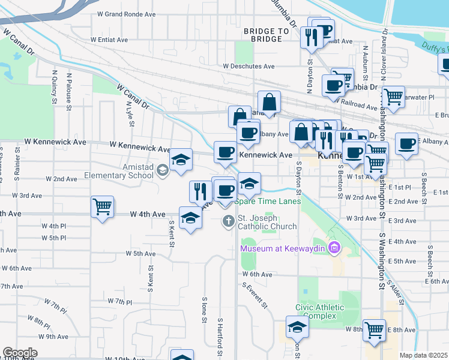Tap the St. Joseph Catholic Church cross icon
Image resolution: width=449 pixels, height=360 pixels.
(x=228, y=221)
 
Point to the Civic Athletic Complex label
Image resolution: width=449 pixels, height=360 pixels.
(x=319, y=312)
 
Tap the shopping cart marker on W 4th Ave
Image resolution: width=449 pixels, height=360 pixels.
(x=103, y=208)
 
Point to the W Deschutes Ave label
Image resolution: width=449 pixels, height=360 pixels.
(x=248, y=67)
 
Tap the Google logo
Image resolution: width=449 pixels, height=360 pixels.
(x=20, y=353)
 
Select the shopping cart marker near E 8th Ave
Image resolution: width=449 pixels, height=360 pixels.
(x=375, y=329)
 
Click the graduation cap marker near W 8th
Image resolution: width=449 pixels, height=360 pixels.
(x=297, y=328)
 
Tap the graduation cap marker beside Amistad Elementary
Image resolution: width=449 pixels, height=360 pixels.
(x=181, y=160)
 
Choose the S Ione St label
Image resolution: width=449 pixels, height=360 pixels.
(x=205, y=308)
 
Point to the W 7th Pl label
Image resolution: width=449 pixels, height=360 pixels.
(x=119, y=301)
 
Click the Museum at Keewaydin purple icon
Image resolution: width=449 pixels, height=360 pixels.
(x=334, y=247)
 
